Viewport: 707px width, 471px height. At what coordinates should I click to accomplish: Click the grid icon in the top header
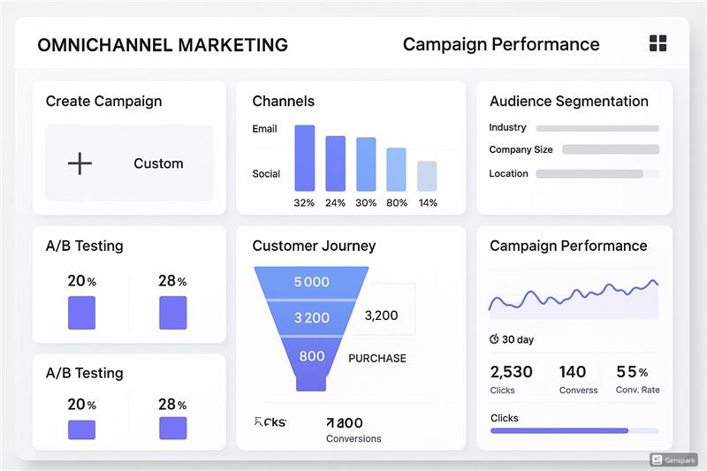pyautogui.click(x=658, y=43)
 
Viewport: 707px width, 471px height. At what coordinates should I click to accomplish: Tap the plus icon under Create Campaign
pyautogui.click(x=80, y=163)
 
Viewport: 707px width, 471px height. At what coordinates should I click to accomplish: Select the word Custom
pyautogui.click(x=158, y=163)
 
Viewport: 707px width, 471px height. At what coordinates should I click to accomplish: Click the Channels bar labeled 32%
pyautogui.click(x=304, y=158)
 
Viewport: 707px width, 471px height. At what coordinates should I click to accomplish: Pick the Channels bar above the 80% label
pyautogui.click(x=397, y=170)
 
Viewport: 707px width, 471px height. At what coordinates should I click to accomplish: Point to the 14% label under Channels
pyautogui.click(x=428, y=202)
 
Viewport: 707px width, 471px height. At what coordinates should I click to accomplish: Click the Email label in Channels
pyautogui.click(x=264, y=129)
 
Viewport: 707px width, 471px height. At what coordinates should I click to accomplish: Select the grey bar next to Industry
pyautogui.click(x=597, y=128)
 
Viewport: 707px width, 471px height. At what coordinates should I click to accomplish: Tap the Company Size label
pyautogui.click(x=521, y=149)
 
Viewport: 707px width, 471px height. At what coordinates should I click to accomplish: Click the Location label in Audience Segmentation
pyautogui.click(x=508, y=173)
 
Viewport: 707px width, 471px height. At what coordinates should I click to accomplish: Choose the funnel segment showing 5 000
pyautogui.click(x=311, y=283)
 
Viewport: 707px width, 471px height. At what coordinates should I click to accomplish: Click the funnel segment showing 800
pyautogui.click(x=311, y=357)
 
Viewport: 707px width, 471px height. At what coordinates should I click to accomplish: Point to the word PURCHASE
pyautogui.click(x=377, y=358)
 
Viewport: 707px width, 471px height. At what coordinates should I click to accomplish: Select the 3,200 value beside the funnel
pyautogui.click(x=381, y=315)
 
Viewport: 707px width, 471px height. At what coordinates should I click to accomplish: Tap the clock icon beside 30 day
pyautogui.click(x=494, y=339)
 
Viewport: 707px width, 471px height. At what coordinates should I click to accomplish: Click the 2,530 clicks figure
pyautogui.click(x=511, y=372)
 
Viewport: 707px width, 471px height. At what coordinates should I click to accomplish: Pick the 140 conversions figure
pyautogui.click(x=573, y=372)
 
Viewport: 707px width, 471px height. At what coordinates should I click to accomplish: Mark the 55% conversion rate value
pyautogui.click(x=631, y=372)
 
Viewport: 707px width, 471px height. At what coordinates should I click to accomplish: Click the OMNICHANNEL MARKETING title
pyautogui.click(x=163, y=44)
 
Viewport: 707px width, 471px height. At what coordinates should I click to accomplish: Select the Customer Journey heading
pyautogui.click(x=314, y=246)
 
